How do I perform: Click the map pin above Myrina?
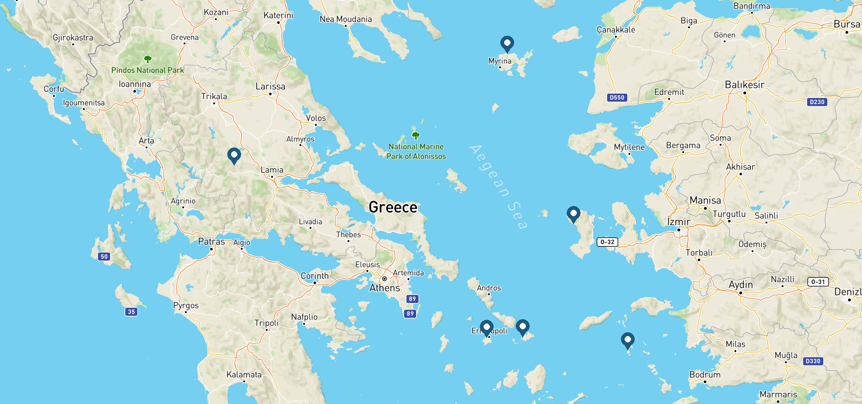pyautogui.click(x=507, y=43)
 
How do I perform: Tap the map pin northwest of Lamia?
pyautogui.click(x=234, y=155)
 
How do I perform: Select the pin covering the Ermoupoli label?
pyautogui.click(x=487, y=327)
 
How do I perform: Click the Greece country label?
pyautogui.click(x=393, y=207)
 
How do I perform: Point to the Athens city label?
pyautogui.click(x=385, y=288)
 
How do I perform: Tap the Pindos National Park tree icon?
pyautogui.click(x=147, y=60)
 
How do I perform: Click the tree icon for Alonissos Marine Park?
pyautogui.click(x=416, y=135)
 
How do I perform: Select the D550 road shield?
pyautogui.click(x=617, y=98)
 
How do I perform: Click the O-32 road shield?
pyautogui.click(x=607, y=242)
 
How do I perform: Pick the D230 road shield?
pyautogui.click(x=817, y=102)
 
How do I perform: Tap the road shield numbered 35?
pyautogui.click(x=131, y=312)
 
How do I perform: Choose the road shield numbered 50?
pyautogui.click(x=104, y=257)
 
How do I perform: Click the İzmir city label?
pyautogui.click(x=678, y=222)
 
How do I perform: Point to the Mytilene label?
pyautogui.click(x=629, y=147)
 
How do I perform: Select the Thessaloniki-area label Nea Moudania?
pyautogui.click(x=345, y=19)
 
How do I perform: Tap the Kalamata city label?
pyautogui.click(x=244, y=374)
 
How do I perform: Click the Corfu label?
pyautogui.click(x=54, y=89)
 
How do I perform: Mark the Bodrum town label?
pyautogui.click(x=705, y=375)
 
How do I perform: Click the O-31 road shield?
pyautogui.click(x=818, y=282)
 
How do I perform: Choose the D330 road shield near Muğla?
pyautogui.click(x=813, y=361)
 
